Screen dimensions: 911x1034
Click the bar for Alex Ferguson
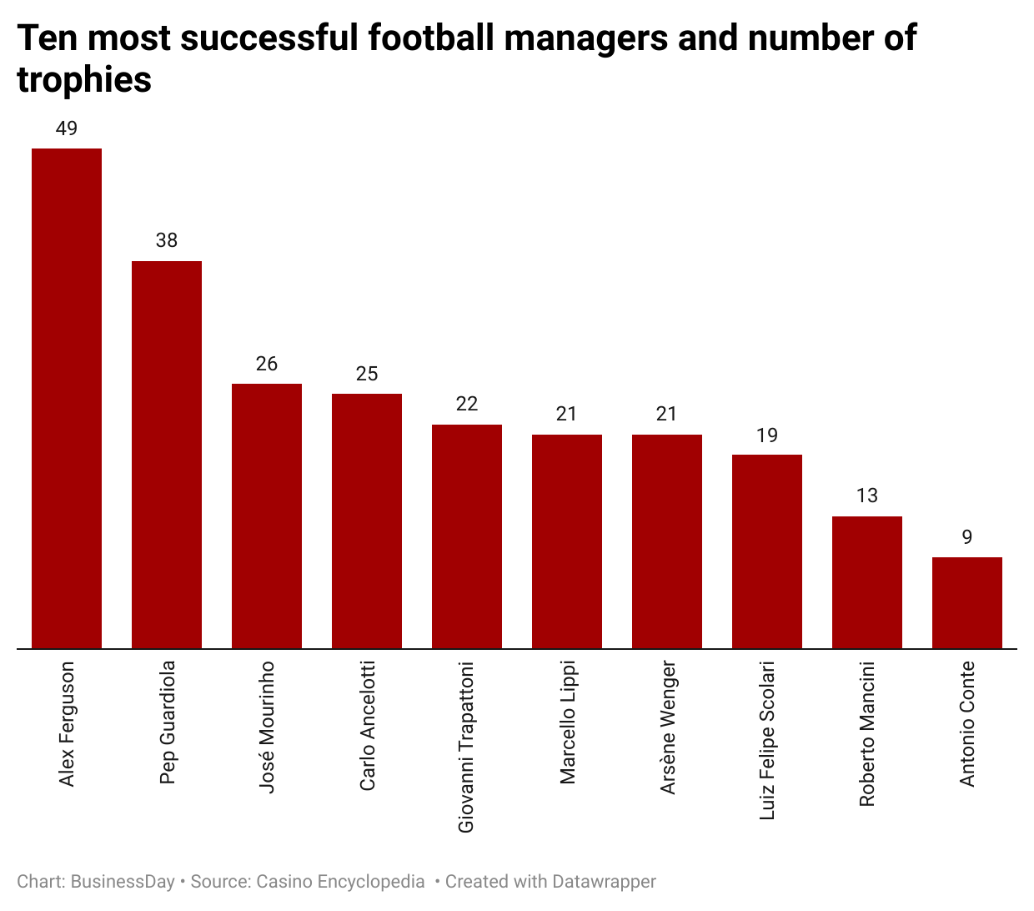[67, 398]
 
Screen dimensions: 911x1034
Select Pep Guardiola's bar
[167, 455]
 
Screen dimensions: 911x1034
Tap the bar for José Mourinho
[267, 516]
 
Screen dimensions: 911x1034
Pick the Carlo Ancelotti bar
[367, 521]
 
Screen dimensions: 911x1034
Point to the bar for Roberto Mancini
[867, 582]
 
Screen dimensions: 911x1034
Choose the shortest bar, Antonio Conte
[967, 602]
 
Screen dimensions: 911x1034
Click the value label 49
[67, 128]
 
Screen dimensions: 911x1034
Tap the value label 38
[167, 240]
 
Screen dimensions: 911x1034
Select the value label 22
[467, 404]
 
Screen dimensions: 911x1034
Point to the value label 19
[767, 435]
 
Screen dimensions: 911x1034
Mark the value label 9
[967, 536]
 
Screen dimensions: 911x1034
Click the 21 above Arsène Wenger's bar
[667, 414]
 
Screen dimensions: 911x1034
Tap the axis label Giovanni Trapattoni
[467, 747]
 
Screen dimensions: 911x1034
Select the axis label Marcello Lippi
[568, 722]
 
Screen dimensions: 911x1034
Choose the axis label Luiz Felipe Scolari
[767, 740]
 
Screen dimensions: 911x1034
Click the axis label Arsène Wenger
[668, 727]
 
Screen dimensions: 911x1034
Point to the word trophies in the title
[84, 80]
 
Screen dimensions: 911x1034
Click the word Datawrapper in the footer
[603, 882]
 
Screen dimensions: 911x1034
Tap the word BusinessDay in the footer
[123, 882]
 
